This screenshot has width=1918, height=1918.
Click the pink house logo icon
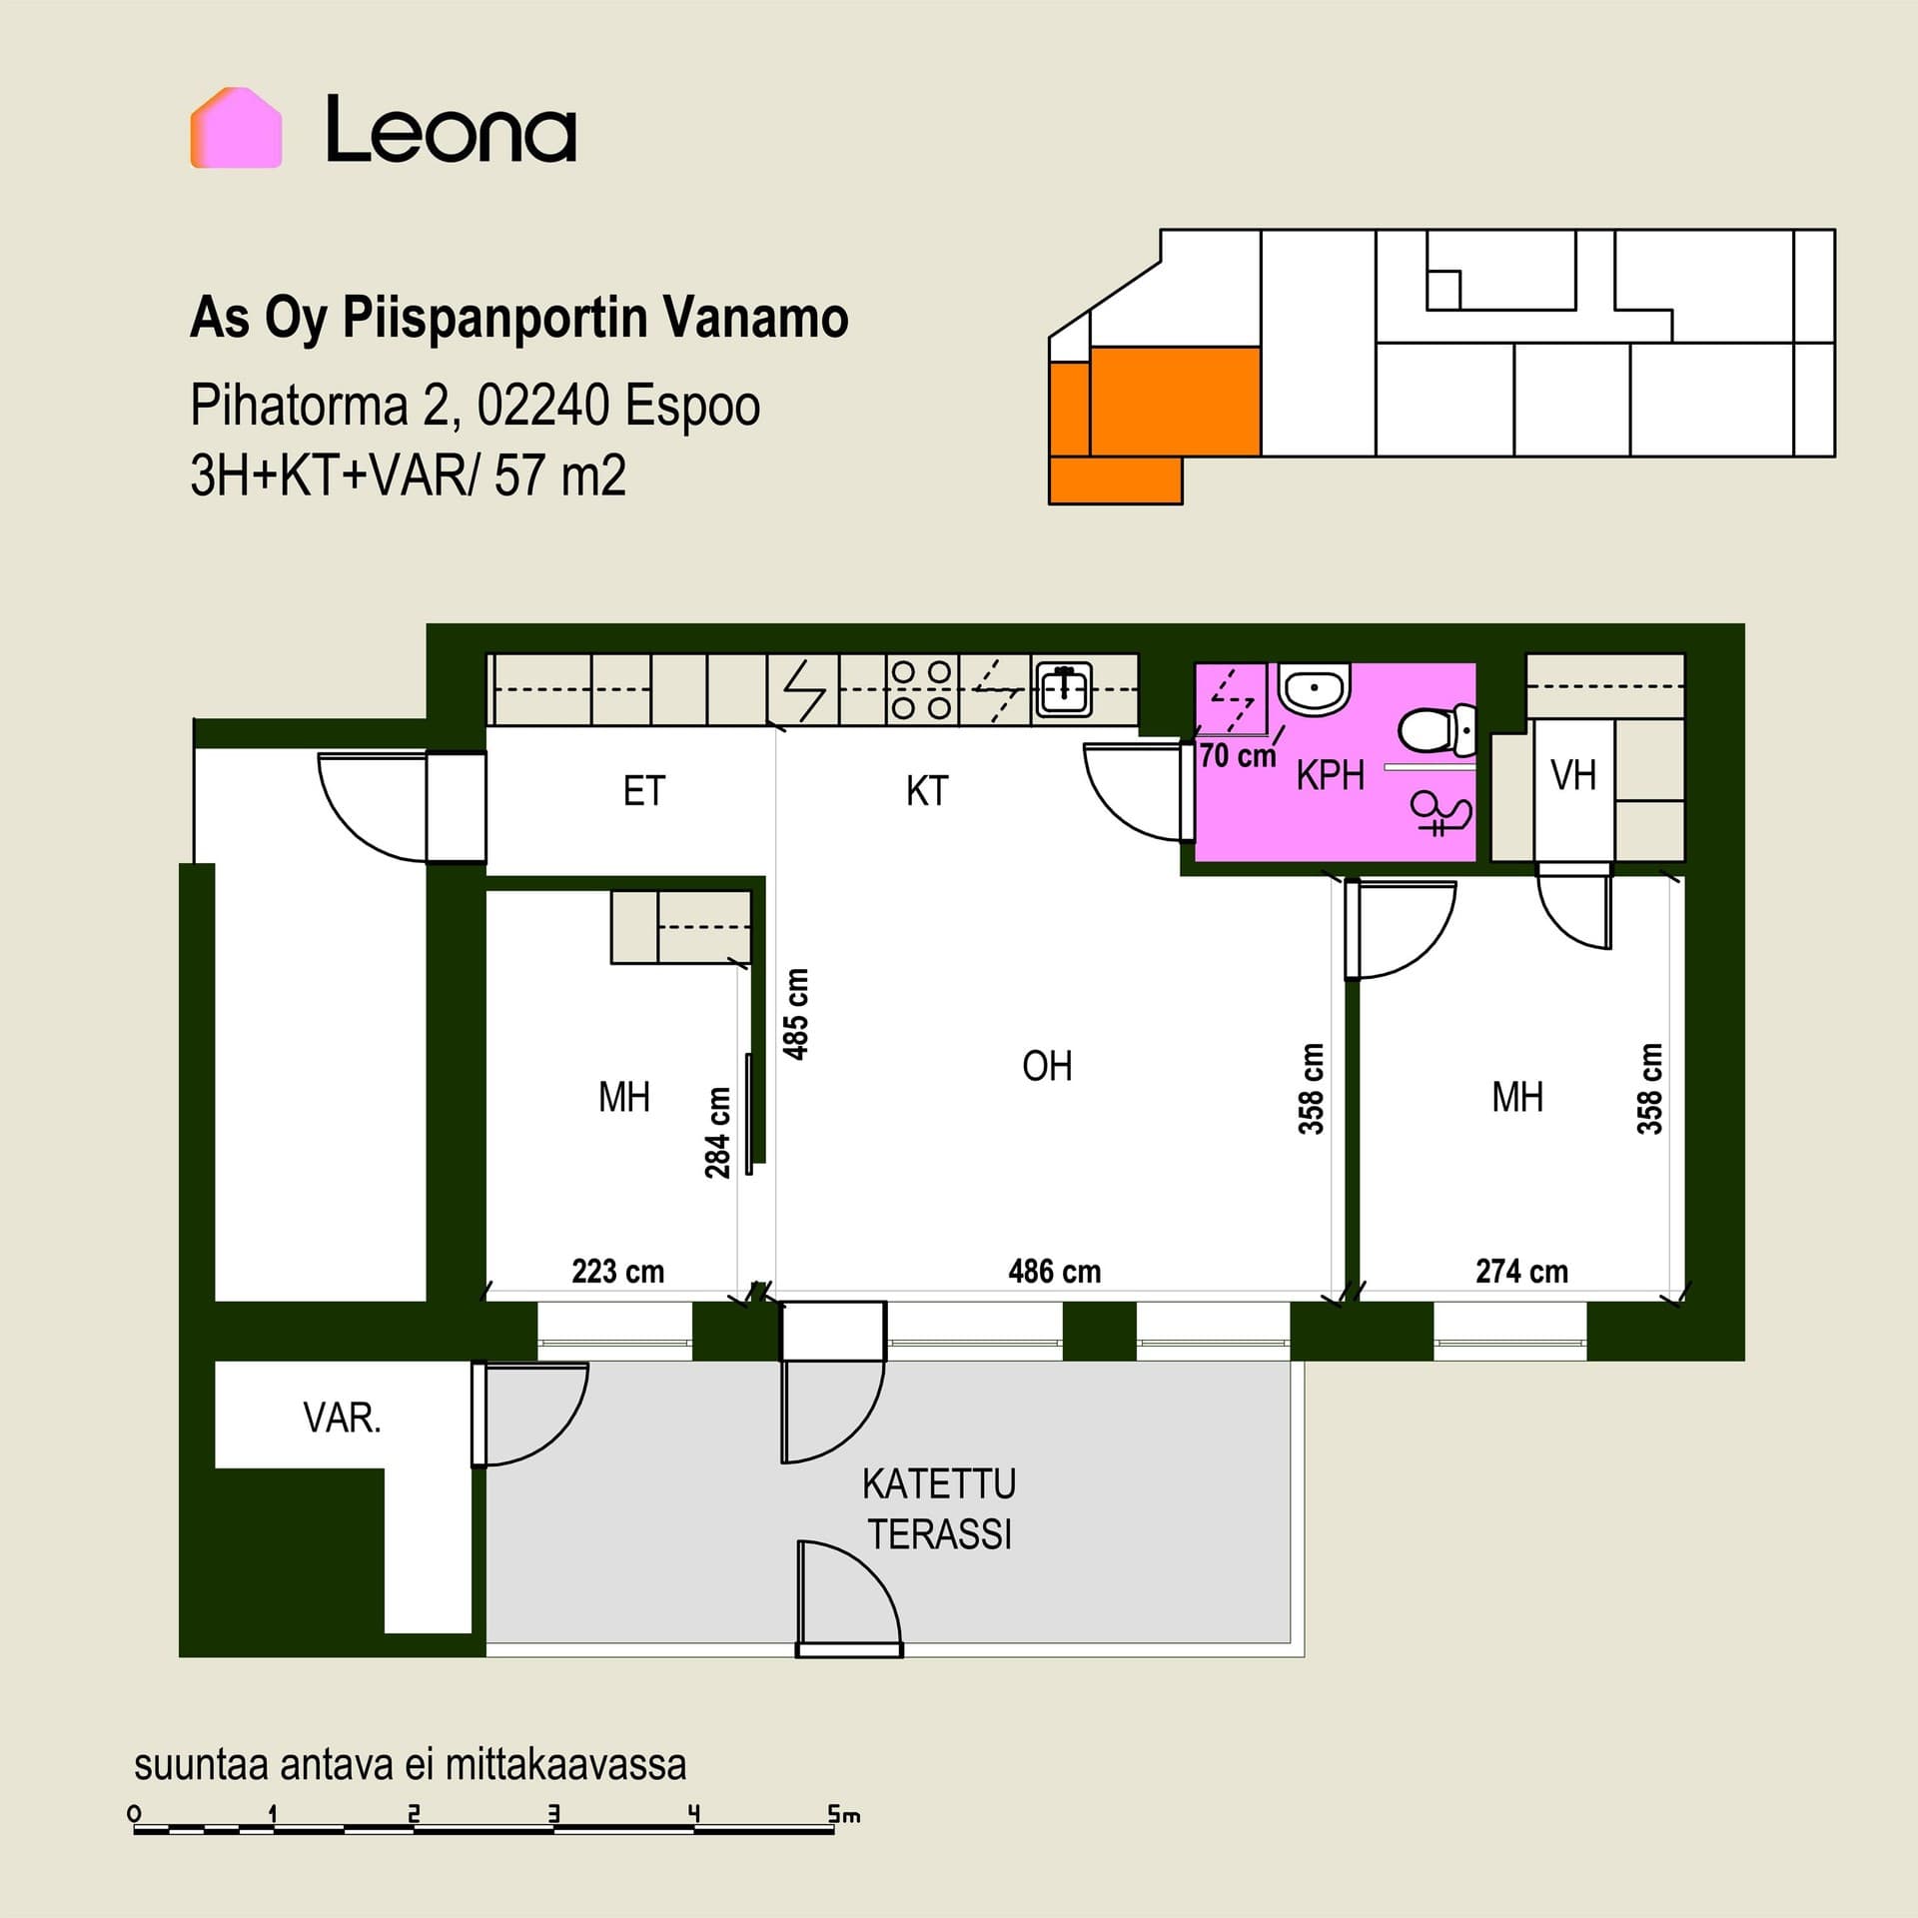pyautogui.click(x=236, y=128)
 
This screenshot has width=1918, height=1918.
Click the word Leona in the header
pyautogui.click(x=452, y=130)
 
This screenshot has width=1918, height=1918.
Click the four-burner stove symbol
pyautogui.click(x=921, y=689)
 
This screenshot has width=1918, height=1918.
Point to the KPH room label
pyautogui.click(x=1330, y=775)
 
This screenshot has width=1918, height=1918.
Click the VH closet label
pyautogui.click(x=1572, y=775)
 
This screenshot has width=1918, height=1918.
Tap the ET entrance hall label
pyautogui.click(x=643, y=791)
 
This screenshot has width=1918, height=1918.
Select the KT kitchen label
pyautogui.click(x=927, y=791)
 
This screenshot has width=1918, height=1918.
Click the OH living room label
pyautogui.click(x=1047, y=1066)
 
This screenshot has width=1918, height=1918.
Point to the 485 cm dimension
pyautogui.click(x=796, y=1013)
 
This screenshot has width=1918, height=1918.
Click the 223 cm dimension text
pyautogui.click(x=617, y=1271)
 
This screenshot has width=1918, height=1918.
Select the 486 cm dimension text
pyautogui.click(x=1055, y=1271)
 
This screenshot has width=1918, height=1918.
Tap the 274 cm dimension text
pyautogui.click(x=1522, y=1271)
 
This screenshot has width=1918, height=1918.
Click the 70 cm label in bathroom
pyautogui.click(x=1238, y=755)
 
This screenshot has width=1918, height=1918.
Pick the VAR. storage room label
pyautogui.click(x=342, y=1418)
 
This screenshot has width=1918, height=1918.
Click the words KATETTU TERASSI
pyautogui.click(x=939, y=1508)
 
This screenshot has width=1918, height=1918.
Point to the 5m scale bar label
pyautogui.click(x=843, y=1814)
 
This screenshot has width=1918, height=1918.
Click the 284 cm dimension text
pyautogui.click(x=717, y=1133)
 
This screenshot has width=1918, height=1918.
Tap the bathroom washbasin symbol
pyautogui.click(x=1315, y=687)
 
